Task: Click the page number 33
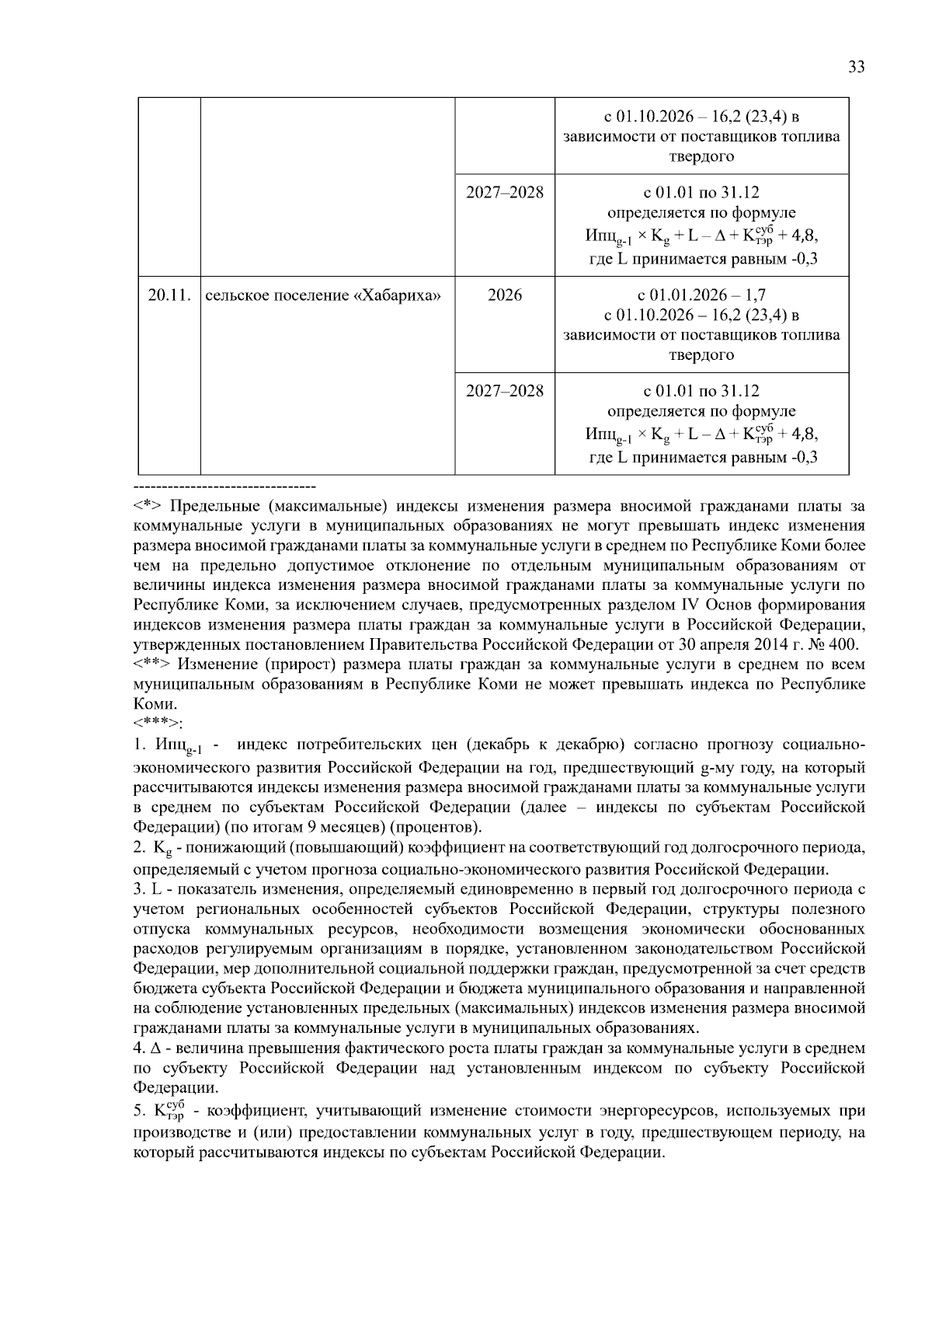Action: point(856,67)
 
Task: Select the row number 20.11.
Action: point(169,295)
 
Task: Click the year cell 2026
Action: point(505,295)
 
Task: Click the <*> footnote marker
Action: point(148,507)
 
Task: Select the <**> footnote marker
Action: point(151,665)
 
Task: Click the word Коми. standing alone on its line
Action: point(155,704)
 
